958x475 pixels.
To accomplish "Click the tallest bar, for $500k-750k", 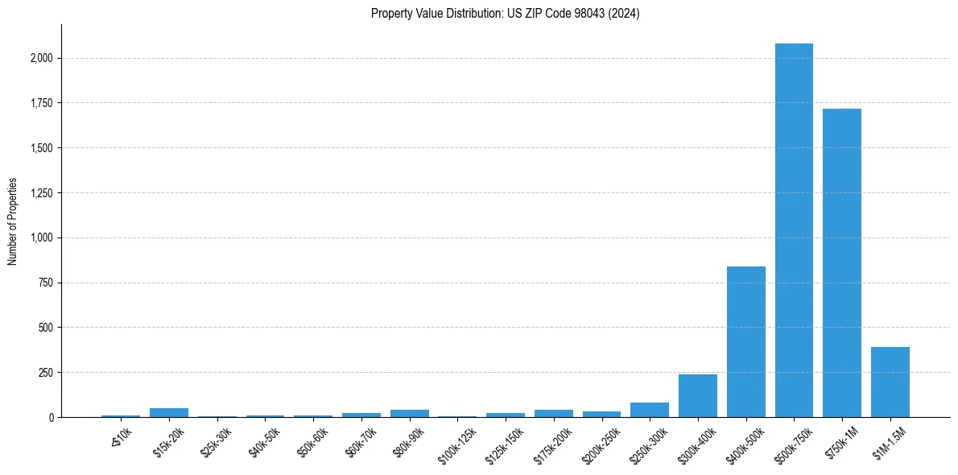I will tap(794, 230).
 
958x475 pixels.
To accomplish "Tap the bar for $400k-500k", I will tap(745, 341).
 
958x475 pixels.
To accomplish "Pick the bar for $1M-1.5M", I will tap(890, 382).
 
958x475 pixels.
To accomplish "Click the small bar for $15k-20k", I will tap(169, 412).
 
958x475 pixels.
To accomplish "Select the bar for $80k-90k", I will tap(409, 413).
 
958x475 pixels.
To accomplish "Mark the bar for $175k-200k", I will tap(553, 413).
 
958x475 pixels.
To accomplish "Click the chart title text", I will tap(505, 14).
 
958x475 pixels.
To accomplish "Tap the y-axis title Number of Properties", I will tap(13, 221).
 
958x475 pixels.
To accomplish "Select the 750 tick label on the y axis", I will tap(46, 283).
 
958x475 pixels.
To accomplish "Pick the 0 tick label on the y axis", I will tap(51, 418).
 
